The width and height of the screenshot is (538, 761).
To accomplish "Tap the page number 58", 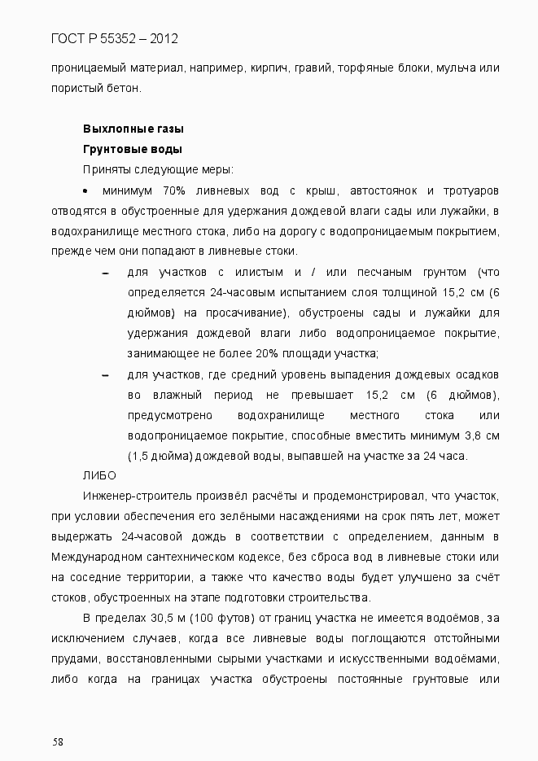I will point(58,741).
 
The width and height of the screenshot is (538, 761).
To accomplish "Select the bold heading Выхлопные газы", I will point(133,129).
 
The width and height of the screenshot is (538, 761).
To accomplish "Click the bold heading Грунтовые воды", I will point(132,150).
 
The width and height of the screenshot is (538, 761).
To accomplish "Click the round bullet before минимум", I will point(86,190).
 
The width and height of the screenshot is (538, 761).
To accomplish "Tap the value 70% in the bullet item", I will point(174,190).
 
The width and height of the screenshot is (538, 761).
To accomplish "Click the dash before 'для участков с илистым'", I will point(106,273).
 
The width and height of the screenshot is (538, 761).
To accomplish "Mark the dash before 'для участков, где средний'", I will point(106,375).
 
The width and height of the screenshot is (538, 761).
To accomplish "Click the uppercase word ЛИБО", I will point(100,476).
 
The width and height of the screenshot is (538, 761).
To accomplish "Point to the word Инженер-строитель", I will point(130,496).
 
